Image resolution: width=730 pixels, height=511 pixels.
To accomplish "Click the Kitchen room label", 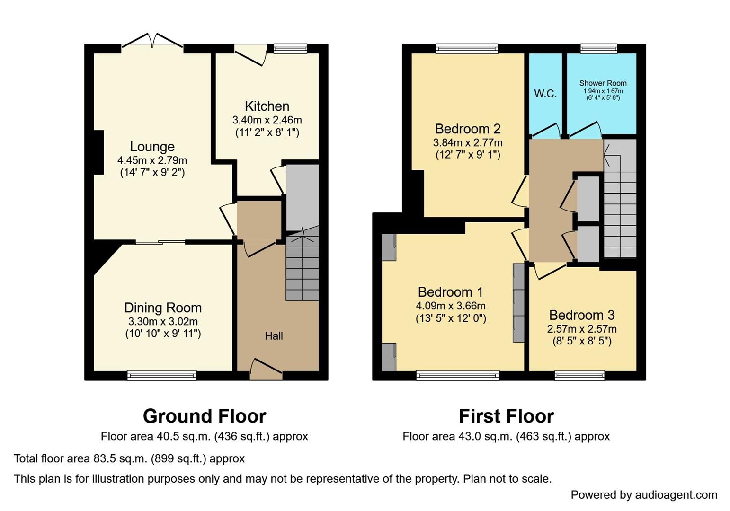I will pos(267,106).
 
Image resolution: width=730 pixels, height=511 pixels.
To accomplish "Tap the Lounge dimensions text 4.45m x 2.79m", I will pos(152,160).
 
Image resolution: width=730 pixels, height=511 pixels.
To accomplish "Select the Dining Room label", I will pos(163,308).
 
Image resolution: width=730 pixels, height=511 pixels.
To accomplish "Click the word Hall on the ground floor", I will pos(274,336).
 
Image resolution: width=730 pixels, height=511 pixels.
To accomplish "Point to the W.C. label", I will pos(545,94).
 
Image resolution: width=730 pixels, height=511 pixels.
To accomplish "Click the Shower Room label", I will pos(603,83).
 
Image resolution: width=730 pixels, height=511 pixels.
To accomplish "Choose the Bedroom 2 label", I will pos(467,129).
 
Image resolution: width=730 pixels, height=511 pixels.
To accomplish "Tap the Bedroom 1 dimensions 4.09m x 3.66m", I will pos(451,306).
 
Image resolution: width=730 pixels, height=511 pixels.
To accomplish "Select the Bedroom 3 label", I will pos(582,315).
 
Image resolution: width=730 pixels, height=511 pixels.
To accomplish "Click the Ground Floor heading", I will pos(205,416).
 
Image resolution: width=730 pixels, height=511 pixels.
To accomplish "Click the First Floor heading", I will pos(506,416).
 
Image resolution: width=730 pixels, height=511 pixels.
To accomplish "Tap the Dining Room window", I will pos(161,375).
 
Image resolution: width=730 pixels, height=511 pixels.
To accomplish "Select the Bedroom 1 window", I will pos(457,375).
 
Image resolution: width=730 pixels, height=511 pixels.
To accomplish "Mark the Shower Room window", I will pos(599,48).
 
